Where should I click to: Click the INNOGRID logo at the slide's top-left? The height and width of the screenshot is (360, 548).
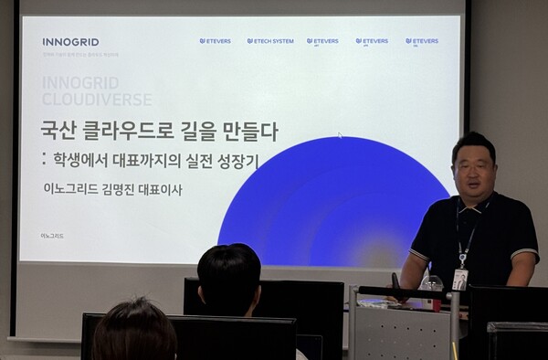[70, 42]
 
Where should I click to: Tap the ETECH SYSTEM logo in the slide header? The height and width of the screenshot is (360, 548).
[270, 41]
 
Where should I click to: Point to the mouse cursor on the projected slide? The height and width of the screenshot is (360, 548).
[339, 136]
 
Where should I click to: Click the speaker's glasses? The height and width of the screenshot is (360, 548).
[473, 167]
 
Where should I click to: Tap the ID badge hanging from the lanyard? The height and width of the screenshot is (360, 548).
[460, 278]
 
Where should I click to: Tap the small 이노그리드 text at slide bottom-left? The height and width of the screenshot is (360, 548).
[53, 236]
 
